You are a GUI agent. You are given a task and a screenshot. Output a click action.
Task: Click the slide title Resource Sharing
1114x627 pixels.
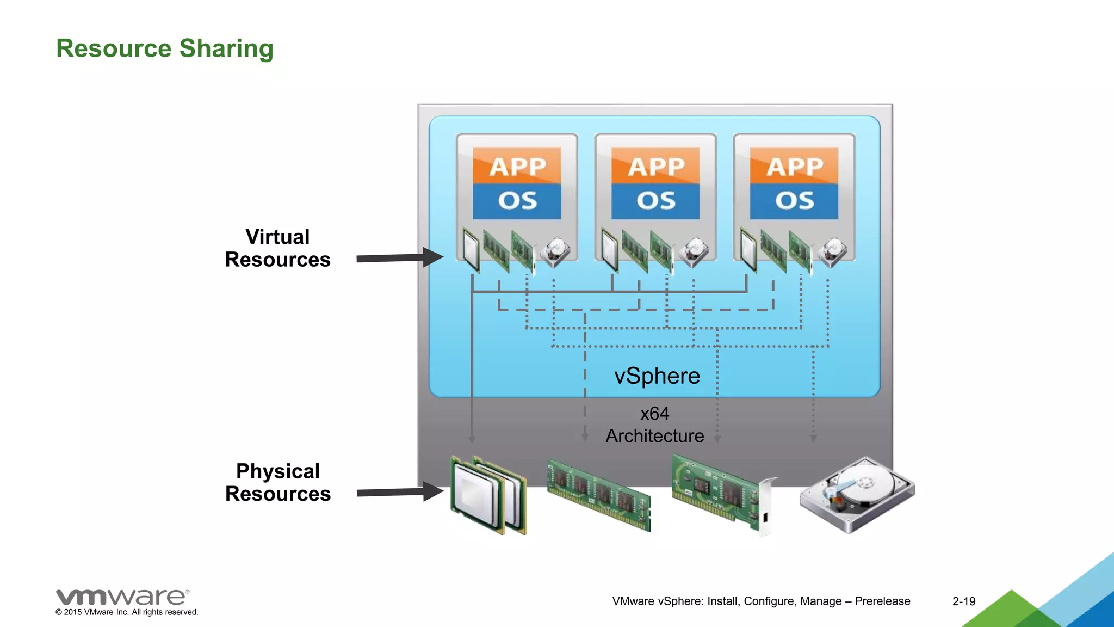[x=165, y=48]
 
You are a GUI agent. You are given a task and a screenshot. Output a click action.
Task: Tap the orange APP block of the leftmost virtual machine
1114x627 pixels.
[x=517, y=166]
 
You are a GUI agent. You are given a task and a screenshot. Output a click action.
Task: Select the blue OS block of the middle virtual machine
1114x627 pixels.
[x=655, y=201]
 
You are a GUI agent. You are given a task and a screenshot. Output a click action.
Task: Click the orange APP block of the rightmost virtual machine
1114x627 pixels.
[x=794, y=166]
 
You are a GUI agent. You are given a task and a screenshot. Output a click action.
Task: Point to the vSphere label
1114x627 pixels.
[x=657, y=376]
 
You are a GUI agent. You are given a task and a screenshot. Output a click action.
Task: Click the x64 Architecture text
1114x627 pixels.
[x=655, y=425]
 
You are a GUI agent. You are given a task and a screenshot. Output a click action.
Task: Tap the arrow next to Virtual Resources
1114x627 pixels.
[x=400, y=257]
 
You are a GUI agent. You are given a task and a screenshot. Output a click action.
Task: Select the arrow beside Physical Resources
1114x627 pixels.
[x=400, y=492]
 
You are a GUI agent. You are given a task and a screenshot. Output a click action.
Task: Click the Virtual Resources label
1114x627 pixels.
[x=277, y=248]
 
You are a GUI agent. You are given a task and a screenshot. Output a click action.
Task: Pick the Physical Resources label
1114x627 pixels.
[x=277, y=482]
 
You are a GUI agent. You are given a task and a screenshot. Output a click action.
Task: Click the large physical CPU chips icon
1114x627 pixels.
[x=488, y=495]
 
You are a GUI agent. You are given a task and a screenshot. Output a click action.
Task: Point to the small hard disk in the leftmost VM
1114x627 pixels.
[x=555, y=252]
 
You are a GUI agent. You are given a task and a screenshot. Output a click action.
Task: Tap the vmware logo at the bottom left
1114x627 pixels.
[x=122, y=597]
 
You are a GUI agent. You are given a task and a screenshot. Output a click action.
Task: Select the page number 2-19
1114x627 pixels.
[x=963, y=601]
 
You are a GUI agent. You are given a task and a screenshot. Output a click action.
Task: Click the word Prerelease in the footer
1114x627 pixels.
[x=882, y=601]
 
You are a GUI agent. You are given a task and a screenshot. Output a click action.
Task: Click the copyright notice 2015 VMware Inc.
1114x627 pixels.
[x=127, y=612]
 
